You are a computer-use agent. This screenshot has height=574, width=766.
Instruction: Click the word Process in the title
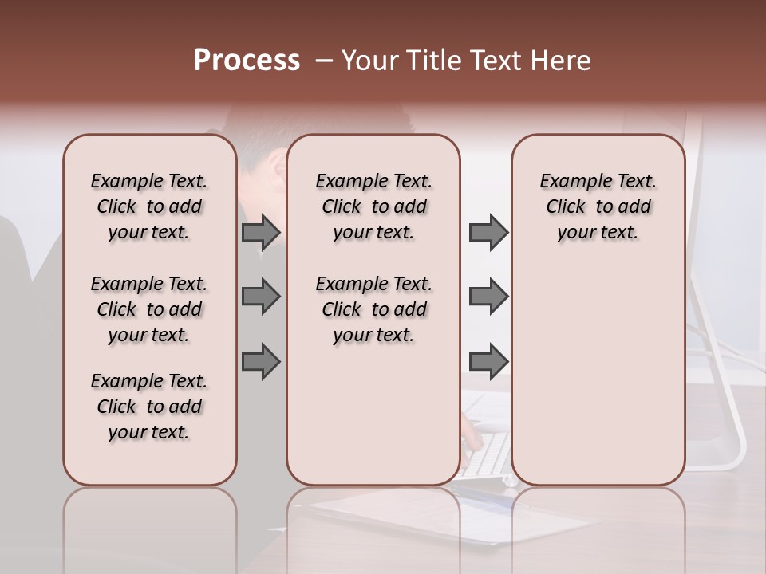coord(247,61)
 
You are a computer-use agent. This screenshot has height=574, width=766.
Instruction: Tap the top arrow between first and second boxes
coord(261,232)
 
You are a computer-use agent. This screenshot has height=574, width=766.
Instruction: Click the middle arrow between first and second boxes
coord(261,297)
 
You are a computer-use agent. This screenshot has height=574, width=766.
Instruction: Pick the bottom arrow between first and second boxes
coord(261,361)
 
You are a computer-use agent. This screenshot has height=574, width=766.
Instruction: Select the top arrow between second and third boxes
coord(488,232)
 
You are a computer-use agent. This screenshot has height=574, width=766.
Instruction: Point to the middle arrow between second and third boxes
coord(488,297)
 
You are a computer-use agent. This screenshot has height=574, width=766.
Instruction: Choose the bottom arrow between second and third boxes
coord(488,361)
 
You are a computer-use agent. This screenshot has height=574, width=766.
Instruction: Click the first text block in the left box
coord(149,206)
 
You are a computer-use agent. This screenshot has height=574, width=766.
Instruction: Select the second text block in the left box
coord(149,309)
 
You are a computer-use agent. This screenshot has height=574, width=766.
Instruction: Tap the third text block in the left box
coord(149,407)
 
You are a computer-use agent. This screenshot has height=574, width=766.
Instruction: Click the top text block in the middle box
coord(373,206)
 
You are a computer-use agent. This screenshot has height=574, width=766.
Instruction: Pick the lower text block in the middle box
coord(373,309)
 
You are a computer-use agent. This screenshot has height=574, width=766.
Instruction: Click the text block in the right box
coord(598,206)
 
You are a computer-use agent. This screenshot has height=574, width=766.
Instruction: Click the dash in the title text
coord(324,61)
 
